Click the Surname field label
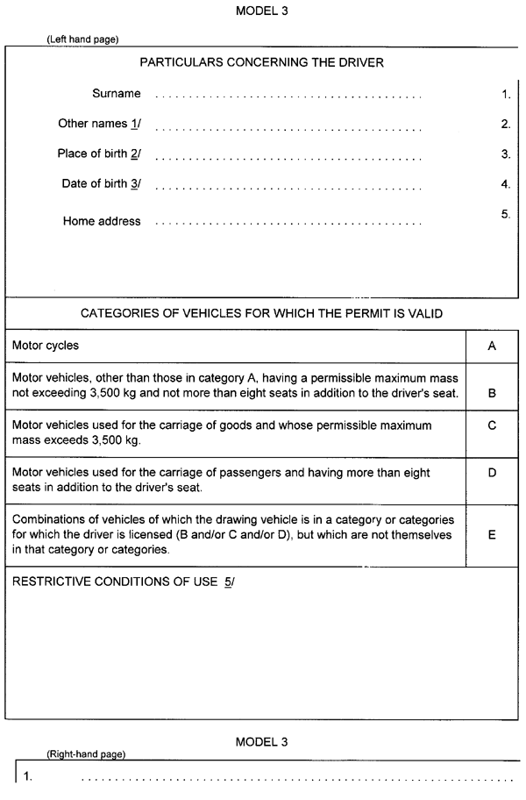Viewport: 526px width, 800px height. pyautogui.click(x=116, y=94)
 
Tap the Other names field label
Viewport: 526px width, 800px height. pyautogui.click(x=99, y=124)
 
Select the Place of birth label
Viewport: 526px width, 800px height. pyautogui.click(x=99, y=154)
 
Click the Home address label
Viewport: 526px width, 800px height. pyautogui.click(x=102, y=221)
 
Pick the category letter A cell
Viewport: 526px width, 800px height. pyautogui.click(x=492, y=346)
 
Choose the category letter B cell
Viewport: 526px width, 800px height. pyautogui.click(x=492, y=393)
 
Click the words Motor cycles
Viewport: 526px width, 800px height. pyautogui.click(x=46, y=346)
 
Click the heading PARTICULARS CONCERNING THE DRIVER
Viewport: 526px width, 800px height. pyautogui.click(x=261, y=63)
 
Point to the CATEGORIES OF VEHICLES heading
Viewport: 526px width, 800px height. pyautogui.click(x=261, y=313)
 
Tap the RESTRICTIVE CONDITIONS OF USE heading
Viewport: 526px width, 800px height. pyautogui.click(x=115, y=582)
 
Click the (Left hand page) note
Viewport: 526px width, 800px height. pyautogui.click(x=82, y=39)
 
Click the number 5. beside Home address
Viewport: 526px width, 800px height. pyautogui.click(x=506, y=214)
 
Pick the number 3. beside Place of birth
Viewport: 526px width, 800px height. pyautogui.click(x=506, y=154)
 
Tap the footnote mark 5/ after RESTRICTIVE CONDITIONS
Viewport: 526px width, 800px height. pyautogui.click(x=229, y=582)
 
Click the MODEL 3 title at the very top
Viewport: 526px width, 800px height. pyautogui.click(x=261, y=11)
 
